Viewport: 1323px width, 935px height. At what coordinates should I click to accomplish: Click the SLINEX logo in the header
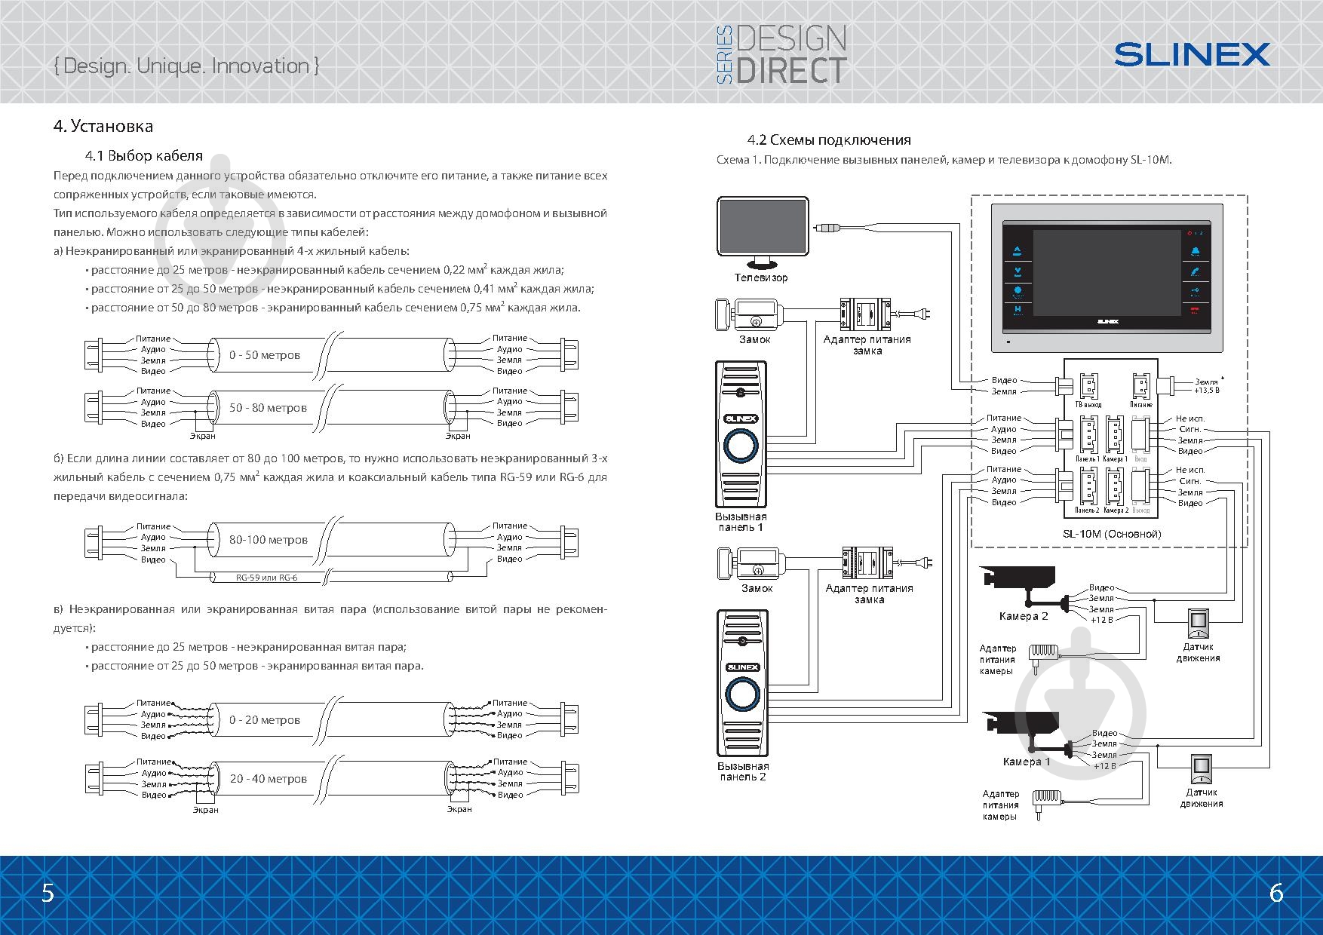click(x=1192, y=54)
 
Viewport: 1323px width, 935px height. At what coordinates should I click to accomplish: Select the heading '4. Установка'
click(x=103, y=126)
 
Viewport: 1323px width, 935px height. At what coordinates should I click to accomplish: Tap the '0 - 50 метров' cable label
click(x=265, y=355)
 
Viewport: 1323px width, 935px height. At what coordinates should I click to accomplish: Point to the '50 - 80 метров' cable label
click(x=268, y=408)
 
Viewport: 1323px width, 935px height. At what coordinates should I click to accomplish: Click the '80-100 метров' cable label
click(x=269, y=540)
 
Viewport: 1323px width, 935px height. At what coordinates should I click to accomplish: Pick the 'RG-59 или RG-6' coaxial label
click(x=267, y=578)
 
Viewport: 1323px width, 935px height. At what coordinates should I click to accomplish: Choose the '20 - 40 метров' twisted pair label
click(x=269, y=779)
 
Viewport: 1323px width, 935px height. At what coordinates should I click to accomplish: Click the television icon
click(x=763, y=229)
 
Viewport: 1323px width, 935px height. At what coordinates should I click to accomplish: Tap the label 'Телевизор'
click(x=761, y=277)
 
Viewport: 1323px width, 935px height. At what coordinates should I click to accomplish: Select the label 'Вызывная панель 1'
click(x=741, y=522)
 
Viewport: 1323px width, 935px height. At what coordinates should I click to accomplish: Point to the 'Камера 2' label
click(x=1024, y=616)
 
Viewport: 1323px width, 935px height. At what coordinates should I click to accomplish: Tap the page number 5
click(x=48, y=893)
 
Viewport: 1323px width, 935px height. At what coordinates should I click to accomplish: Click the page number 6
click(x=1276, y=893)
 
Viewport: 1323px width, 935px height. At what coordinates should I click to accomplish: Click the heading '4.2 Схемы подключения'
click(x=829, y=140)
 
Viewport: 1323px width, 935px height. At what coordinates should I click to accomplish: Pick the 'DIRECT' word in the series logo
click(x=791, y=69)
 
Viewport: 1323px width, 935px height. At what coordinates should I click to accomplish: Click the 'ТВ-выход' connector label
click(x=1088, y=405)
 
